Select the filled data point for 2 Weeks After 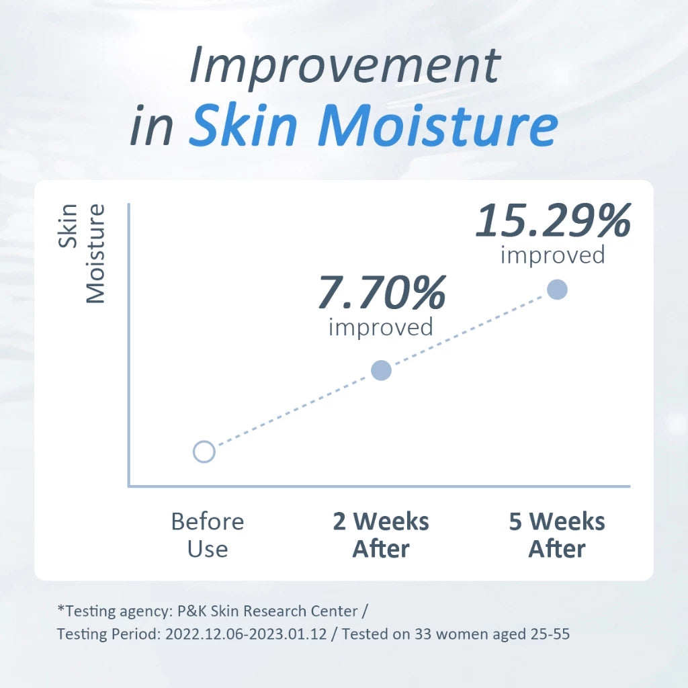coord(382,370)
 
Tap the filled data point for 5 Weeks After coord(557,290)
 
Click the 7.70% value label coord(382,292)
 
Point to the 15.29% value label coord(554,220)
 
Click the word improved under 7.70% coord(381,327)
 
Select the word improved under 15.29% coord(553,255)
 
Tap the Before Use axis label coord(208,535)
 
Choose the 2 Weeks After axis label coord(381,535)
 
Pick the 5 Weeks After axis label coord(557,535)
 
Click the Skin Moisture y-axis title coord(82,253)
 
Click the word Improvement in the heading coord(345,65)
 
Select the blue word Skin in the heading coord(244,124)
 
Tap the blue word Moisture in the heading coord(438,124)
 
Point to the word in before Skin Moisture coord(151,124)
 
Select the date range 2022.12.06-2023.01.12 coord(246,634)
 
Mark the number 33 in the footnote coord(423,634)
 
